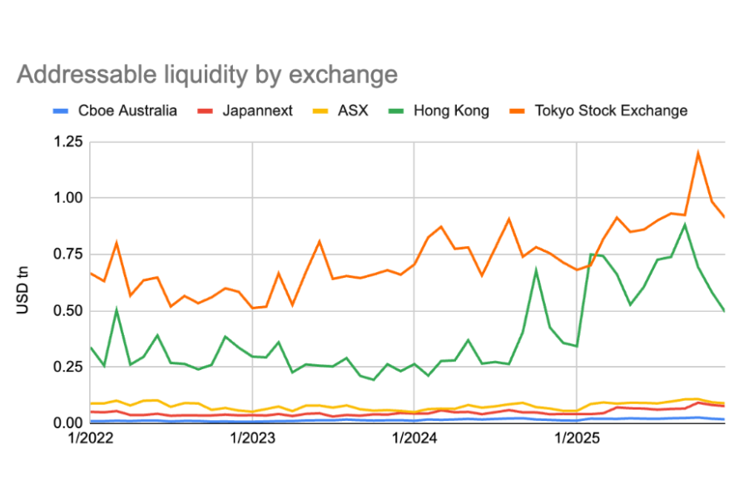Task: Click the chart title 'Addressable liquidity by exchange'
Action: point(206,75)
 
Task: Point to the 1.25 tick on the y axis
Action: point(67,142)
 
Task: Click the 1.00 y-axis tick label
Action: point(67,198)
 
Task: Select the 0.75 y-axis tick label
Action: point(67,254)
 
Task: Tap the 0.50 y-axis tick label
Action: point(67,311)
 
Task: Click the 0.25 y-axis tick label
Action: point(67,367)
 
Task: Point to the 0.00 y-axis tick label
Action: point(67,423)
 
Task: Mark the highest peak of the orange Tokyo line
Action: point(697,152)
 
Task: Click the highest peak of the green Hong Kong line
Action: point(684,224)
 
